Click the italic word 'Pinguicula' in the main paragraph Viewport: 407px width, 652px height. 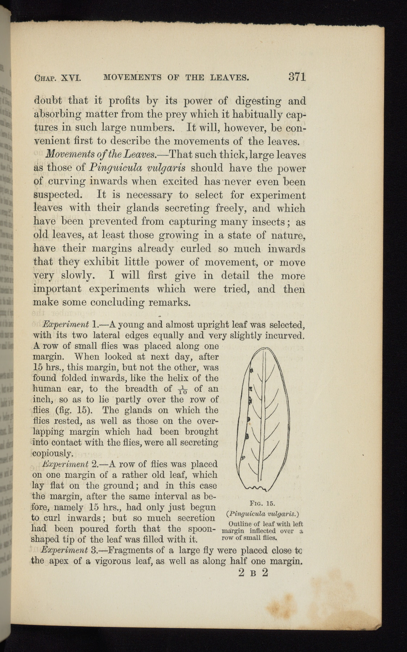point(112,168)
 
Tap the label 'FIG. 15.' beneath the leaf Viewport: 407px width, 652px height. point(263,503)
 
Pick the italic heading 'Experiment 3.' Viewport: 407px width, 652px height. point(69,551)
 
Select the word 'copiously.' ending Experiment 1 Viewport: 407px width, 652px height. point(54,454)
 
